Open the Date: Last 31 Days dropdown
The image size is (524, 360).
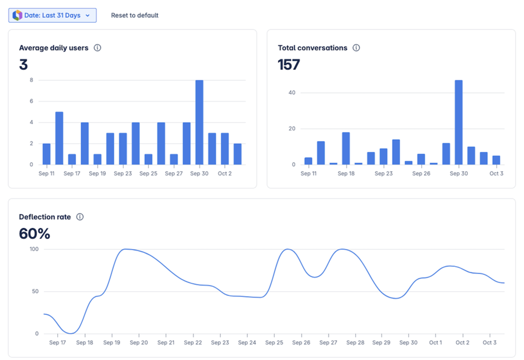52,15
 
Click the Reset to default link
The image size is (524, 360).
135,15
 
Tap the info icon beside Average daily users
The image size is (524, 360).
97,48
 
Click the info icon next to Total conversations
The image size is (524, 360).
356,48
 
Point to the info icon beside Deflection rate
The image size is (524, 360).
80,217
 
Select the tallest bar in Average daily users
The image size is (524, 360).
199,122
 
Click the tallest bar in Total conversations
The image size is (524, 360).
458,122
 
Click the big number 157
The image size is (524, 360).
289,65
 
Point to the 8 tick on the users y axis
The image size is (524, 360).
31,80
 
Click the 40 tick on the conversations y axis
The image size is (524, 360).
292,93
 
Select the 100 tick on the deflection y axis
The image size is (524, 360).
34,249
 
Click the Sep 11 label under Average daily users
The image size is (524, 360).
46,174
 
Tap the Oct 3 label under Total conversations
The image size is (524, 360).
496,174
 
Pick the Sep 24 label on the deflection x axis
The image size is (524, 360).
247,343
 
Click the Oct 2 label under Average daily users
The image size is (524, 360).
224,174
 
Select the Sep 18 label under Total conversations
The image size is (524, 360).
346,174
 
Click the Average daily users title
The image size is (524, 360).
54,48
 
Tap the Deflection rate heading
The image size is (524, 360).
45,217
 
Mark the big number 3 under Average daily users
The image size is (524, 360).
23,65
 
